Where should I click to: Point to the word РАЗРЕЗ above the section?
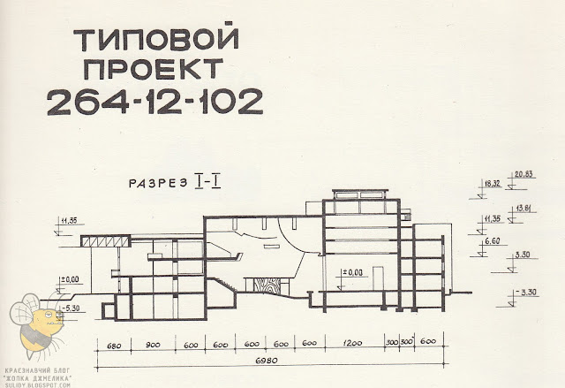[x=154, y=183]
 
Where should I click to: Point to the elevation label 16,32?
[x=490, y=184]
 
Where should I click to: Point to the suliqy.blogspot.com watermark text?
[x=37, y=382]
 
